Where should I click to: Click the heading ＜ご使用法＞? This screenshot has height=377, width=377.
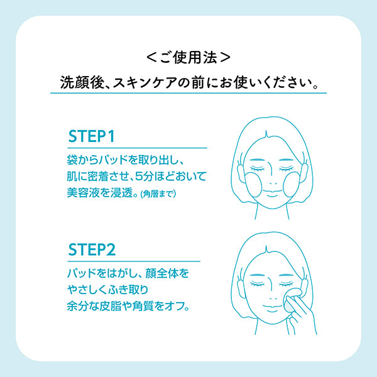coord(188,58)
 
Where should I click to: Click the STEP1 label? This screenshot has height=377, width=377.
coord(91,136)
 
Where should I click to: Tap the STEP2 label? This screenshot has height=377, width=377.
coord(92,249)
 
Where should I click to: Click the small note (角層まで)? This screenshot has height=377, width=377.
coord(158,194)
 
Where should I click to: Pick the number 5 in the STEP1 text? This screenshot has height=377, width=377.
coord(139,177)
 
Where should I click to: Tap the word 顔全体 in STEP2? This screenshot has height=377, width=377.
coord(161,273)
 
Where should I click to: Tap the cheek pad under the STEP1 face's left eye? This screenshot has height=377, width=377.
coord(253,185)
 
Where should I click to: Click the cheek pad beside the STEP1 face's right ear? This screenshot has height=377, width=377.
coord(292,185)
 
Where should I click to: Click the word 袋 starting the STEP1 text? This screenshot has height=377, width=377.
coord(72,160)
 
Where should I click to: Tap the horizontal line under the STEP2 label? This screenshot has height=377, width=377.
coord(134,261)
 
